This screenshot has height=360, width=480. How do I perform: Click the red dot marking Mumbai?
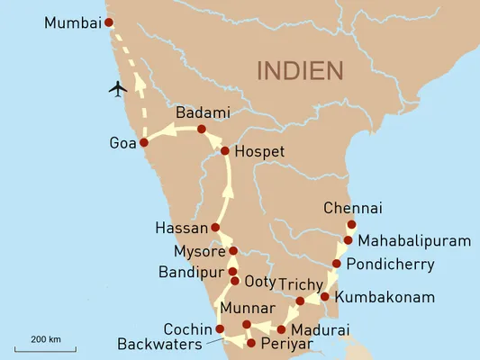[109, 22]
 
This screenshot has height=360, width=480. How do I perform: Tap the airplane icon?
[117, 88]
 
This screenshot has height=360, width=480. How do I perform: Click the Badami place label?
[203, 113]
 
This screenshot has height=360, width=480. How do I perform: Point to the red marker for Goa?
[143, 142]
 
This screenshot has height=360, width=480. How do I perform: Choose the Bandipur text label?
[192, 271]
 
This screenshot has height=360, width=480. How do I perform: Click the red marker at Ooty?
[235, 282]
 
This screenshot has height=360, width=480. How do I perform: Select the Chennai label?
[352, 208]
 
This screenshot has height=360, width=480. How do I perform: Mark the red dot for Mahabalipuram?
[348, 240]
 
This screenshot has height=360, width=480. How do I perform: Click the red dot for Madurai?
[281, 328]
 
